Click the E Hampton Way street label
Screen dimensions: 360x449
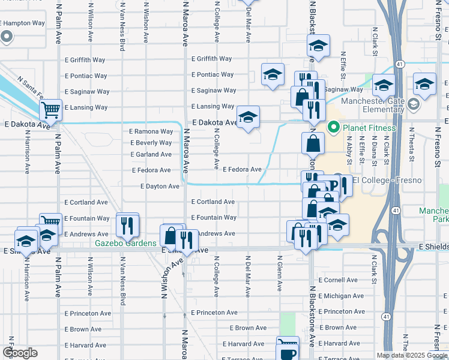[23, 23]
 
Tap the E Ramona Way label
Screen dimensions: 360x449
[151, 131]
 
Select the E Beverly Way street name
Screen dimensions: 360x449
[151, 143]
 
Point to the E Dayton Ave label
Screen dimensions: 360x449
[160, 187]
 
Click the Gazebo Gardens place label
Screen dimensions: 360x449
[126, 243]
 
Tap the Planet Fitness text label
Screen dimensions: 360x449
[369, 128]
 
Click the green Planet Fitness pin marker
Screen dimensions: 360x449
[334, 128]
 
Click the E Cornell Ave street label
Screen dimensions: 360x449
[337, 280]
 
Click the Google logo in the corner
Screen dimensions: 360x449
[19, 352]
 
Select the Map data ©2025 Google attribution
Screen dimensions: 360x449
[412, 355]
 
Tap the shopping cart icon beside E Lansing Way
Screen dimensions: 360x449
[50, 109]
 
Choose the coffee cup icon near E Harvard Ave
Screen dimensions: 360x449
[288, 350]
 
